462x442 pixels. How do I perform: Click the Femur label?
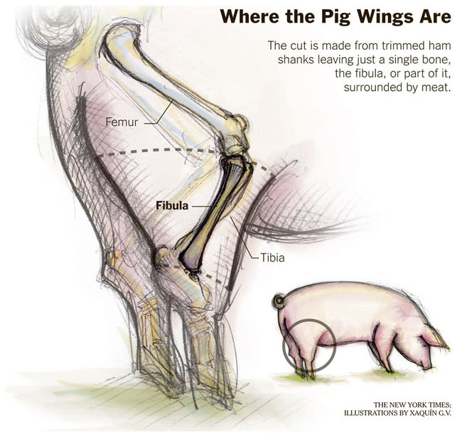click(122, 122)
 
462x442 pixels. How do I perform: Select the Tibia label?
click(272, 258)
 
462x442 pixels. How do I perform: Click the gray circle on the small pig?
click(308, 343)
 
